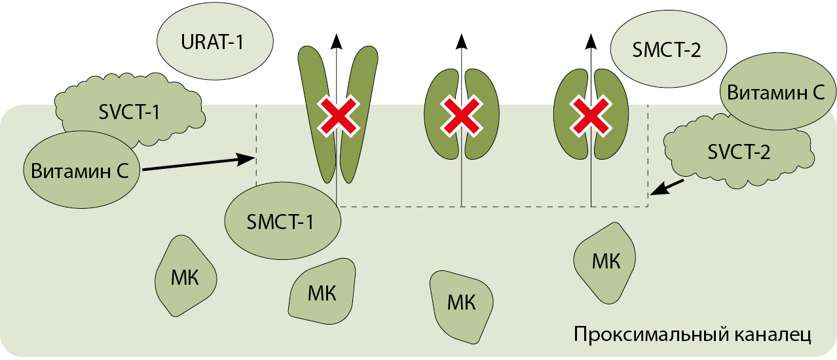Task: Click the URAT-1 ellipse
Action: pos(212,45)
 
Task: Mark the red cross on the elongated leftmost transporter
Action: pos(337,117)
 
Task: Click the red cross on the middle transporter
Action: pos(462,116)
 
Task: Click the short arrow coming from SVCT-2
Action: pos(668,187)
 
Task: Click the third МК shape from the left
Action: pos(461,304)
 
